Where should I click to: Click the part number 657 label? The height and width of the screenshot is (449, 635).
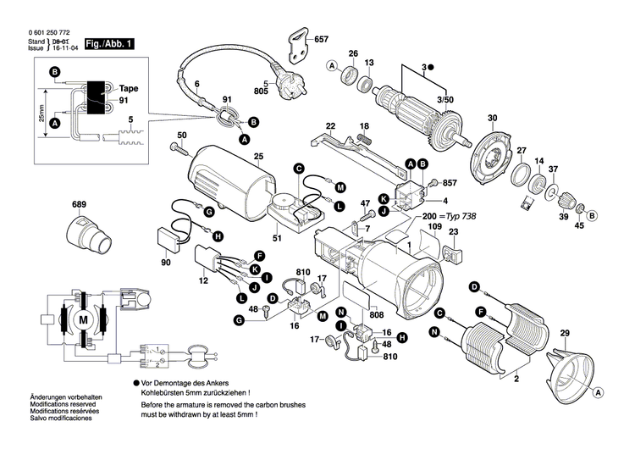coord(322,40)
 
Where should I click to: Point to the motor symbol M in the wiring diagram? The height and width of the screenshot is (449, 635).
coord(83,321)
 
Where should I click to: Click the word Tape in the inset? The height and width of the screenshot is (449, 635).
coord(129,88)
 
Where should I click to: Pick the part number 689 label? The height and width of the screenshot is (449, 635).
coord(79,206)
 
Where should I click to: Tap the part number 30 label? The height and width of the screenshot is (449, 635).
coord(491,118)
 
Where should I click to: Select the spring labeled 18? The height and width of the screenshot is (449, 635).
coord(364,134)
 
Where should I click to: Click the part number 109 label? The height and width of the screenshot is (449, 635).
coord(433,228)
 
